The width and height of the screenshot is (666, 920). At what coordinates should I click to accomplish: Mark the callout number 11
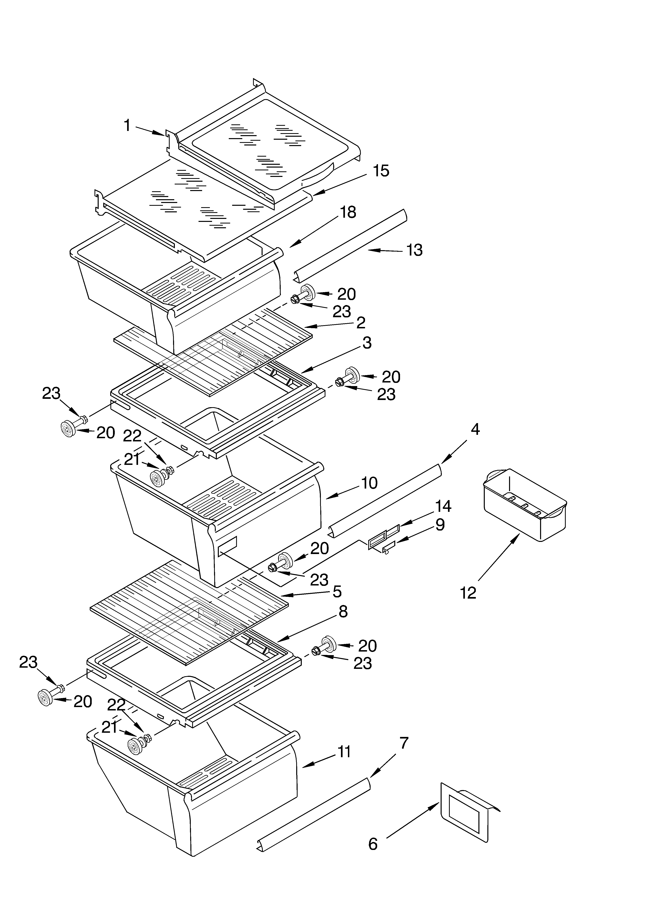tap(344, 752)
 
